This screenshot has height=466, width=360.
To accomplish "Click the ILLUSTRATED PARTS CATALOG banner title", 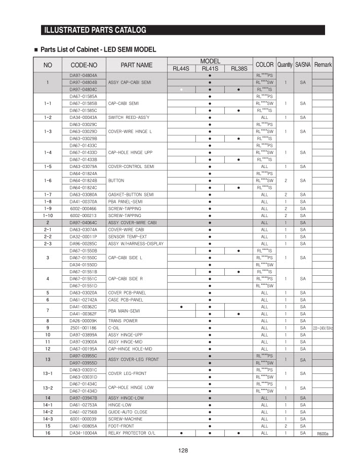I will pos(95,30).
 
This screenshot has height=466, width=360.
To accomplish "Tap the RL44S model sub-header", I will pos(181,69).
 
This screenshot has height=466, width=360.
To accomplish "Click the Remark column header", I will pos(323,65).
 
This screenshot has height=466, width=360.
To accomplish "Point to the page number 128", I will pos(183,451).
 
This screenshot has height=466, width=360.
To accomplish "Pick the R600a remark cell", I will pos(323,434).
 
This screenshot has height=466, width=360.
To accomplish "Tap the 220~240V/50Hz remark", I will pos(323,328).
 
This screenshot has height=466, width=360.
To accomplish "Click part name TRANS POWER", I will pos(123,321).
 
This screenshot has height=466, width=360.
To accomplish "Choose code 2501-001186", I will pos(83,328).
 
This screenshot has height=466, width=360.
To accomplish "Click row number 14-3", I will pos(48,419).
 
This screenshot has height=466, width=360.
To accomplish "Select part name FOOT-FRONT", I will pos(121,426).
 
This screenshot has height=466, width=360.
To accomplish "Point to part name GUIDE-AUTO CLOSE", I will pos(128,412).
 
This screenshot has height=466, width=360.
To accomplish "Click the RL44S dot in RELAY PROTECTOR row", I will pos(181,433).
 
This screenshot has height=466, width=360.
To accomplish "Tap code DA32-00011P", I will pos(83,236).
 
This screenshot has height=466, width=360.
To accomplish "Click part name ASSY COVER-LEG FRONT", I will pos(134,360).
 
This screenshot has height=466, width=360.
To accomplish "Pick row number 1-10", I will pos(48,216).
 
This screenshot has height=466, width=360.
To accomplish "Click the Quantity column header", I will pos(285,65).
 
